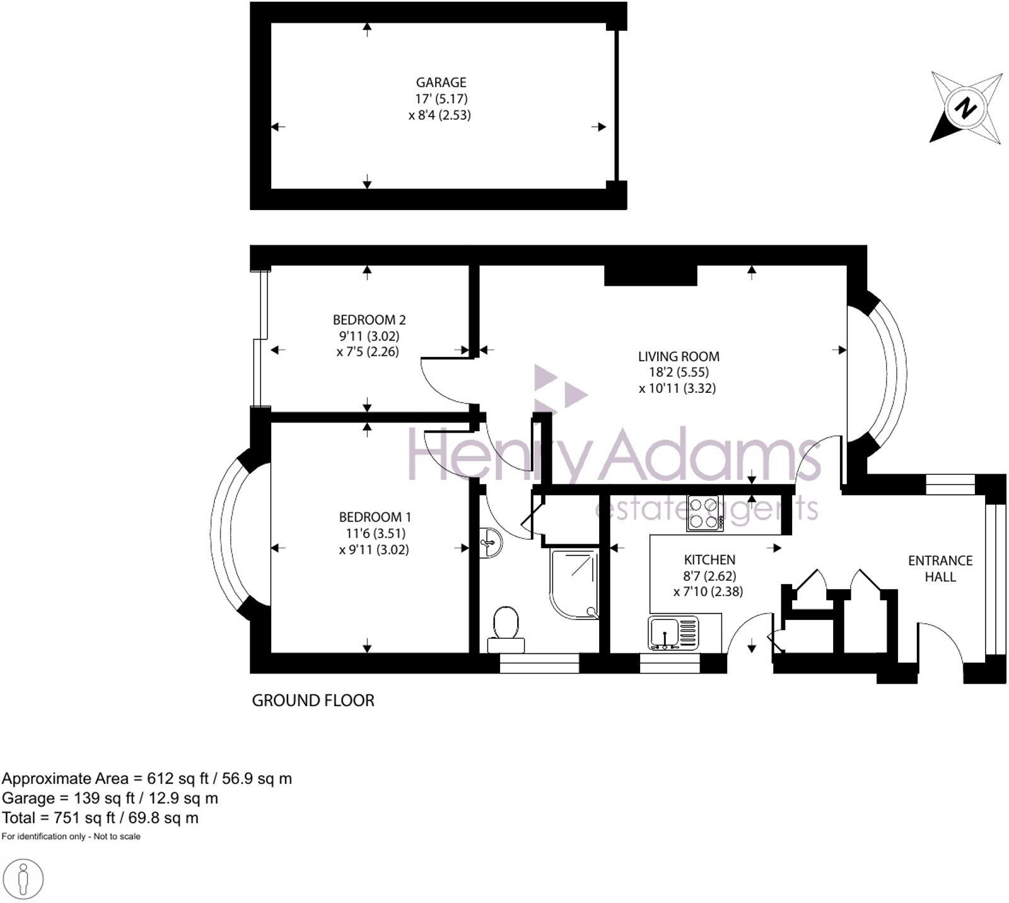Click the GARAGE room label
point(441,83)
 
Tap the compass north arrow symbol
point(965,108)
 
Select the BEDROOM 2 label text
point(369,320)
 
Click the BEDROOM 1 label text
point(375,517)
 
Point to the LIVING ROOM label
point(678,356)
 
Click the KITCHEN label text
point(709,560)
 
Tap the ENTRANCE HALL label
point(940,568)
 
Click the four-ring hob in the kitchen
point(705,513)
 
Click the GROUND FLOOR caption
point(313,701)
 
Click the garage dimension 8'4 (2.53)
point(440,115)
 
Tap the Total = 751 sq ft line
point(100,818)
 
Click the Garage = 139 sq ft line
point(110,798)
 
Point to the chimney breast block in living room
point(650,276)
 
